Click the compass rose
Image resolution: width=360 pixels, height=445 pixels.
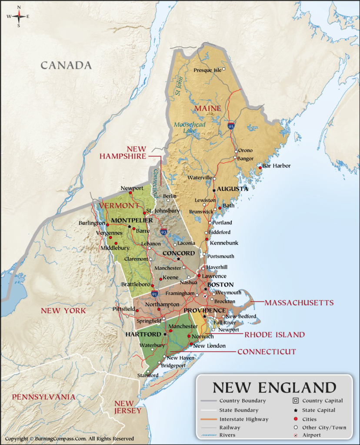coord(19,17)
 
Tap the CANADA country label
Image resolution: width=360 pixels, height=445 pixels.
coord(66,66)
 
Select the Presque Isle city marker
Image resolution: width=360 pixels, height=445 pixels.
coord(224,69)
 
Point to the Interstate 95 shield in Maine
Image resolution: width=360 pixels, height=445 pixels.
coord(231,126)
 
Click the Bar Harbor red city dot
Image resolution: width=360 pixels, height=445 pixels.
coord(260,167)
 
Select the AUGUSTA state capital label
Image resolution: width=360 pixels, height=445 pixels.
coord(233,189)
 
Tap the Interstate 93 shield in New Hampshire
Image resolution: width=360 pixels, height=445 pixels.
coord(163,232)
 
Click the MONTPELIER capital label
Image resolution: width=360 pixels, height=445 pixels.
coord(132,220)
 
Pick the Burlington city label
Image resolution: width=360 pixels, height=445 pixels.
coord(91,223)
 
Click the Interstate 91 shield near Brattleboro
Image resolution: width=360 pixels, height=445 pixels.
coord(155,294)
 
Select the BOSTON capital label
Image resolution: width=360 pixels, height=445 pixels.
coord(220,285)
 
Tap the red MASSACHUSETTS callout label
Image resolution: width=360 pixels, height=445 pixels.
coord(299,302)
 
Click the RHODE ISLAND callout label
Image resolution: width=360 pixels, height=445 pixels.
coord(274,335)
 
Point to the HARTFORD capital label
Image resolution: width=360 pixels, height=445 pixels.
coord(143,335)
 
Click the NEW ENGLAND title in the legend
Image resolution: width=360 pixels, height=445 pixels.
coord(274,387)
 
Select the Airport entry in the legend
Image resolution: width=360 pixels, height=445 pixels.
coord(312,435)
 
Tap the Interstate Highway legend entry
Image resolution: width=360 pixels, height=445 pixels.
coord(243,419)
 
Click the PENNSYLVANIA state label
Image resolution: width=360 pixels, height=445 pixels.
coord(43,397)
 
